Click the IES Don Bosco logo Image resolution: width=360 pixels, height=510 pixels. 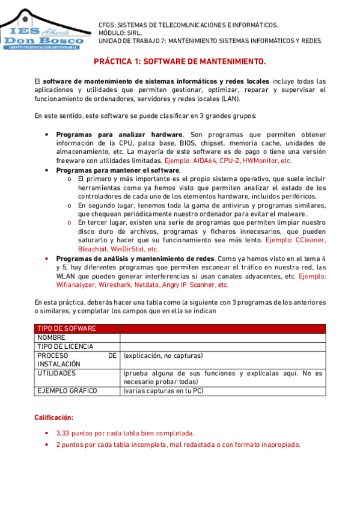pyautogui.click(x=43, y=30)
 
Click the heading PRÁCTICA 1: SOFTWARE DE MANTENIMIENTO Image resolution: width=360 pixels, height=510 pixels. pyautogui.click(x=180, y=61)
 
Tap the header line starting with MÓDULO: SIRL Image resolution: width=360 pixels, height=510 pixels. pyautogui.click(x=123, y=32)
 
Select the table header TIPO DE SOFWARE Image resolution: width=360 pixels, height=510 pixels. pyautogui.click(x=66, y=328)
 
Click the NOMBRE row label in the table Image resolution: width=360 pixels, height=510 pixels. pyautogui.click(x=51, y=337)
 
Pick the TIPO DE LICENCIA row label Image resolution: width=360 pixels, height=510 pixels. pyautogui.click(x=65, y=346)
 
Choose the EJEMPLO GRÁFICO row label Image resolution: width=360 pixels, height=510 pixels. pyautogui.click(x=67, y=391)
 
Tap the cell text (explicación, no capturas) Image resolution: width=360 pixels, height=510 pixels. pyautogui.click(x=163, y=355)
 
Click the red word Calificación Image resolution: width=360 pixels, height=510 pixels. pyautogui.click(x=53, y=417)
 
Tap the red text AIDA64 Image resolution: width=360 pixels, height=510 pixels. pyautogui.click(x=204, y=161)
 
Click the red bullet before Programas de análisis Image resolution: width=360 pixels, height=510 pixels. pyautogui.click(x=47, y=258)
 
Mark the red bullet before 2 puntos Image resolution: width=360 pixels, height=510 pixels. pyautogui.click(x=47, y=444)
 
